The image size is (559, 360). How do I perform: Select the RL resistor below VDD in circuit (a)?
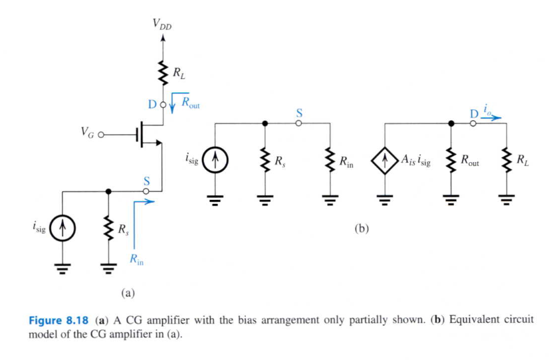(160, 74)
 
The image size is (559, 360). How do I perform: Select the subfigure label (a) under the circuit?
(128, 291)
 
